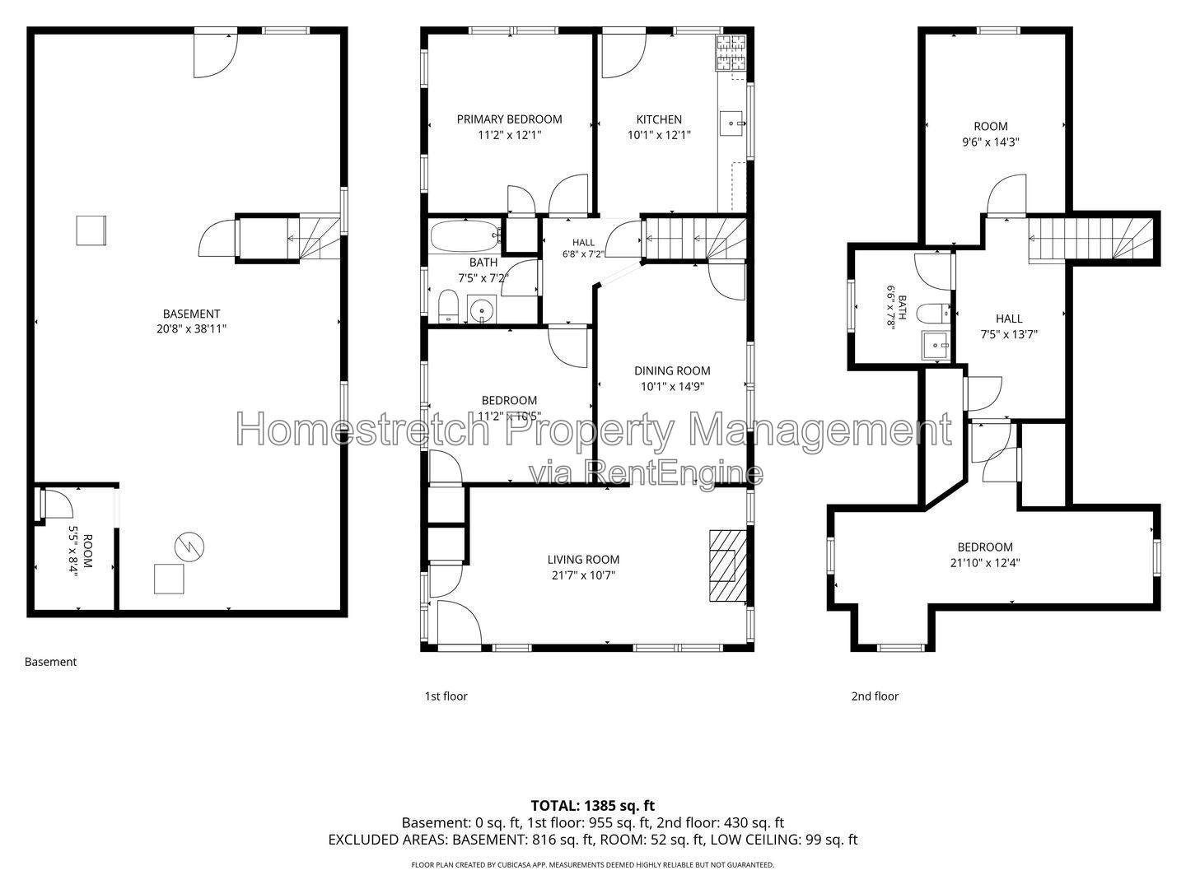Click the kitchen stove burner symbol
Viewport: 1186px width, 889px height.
(731, 53)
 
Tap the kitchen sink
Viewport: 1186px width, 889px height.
(731, 123)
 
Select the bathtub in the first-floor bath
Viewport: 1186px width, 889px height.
(466, 236)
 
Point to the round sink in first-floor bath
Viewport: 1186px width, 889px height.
(482, 310)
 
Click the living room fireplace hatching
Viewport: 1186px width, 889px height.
(728, 566)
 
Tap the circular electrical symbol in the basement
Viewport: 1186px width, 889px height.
(189, 547)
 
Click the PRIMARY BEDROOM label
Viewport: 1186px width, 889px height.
(509, 119)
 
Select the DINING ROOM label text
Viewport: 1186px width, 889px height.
(672, 370)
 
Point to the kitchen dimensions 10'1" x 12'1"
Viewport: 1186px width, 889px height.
(659, 135)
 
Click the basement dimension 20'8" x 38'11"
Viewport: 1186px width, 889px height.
(191, 328)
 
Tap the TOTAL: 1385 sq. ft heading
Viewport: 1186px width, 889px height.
(593, 806)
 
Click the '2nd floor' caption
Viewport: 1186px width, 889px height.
(875, 696)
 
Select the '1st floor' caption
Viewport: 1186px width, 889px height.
(446, 696)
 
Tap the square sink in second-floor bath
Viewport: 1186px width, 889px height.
(936, 345)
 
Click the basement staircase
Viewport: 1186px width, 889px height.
(320, 238)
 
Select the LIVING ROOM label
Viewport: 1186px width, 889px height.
(584, 560)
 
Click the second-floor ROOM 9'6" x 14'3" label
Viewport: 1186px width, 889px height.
(991, 134)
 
